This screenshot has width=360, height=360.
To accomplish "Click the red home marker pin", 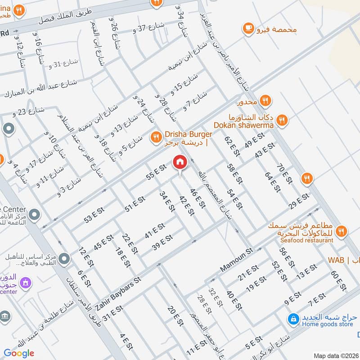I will click(x=180, y=162).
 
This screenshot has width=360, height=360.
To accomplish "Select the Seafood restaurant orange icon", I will click(x=341, y=231).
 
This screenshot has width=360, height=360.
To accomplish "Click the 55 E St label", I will click(x=156, y=173).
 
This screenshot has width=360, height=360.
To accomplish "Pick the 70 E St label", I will click(x=283, y=175).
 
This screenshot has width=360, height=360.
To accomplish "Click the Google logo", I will click(x=19, y=353).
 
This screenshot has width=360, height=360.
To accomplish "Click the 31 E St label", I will click(x=112, y=313).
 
